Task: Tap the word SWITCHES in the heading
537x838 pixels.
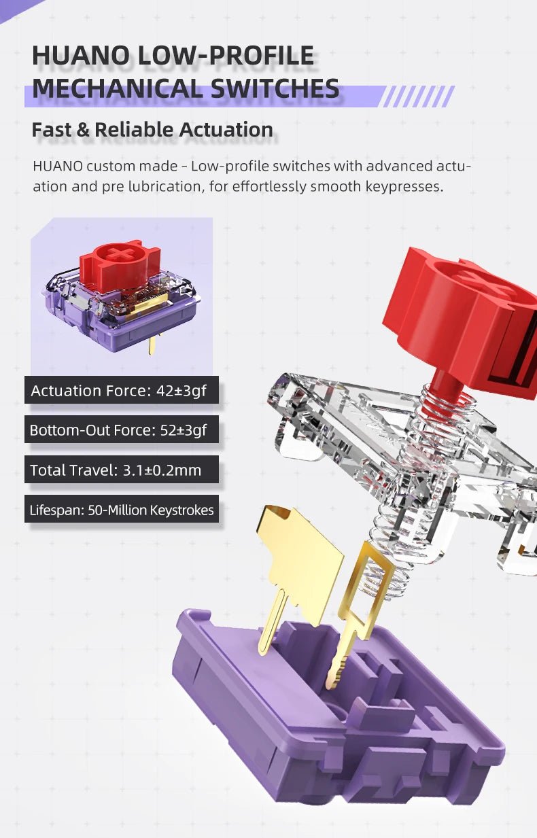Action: [275, 88]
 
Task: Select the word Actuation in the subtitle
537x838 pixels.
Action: [226, 129]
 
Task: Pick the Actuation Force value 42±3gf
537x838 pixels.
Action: [181, 391]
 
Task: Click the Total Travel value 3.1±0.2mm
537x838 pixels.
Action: [162, 470]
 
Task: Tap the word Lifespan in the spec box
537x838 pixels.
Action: [57, 510]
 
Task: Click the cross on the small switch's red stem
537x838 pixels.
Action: [120, 254]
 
